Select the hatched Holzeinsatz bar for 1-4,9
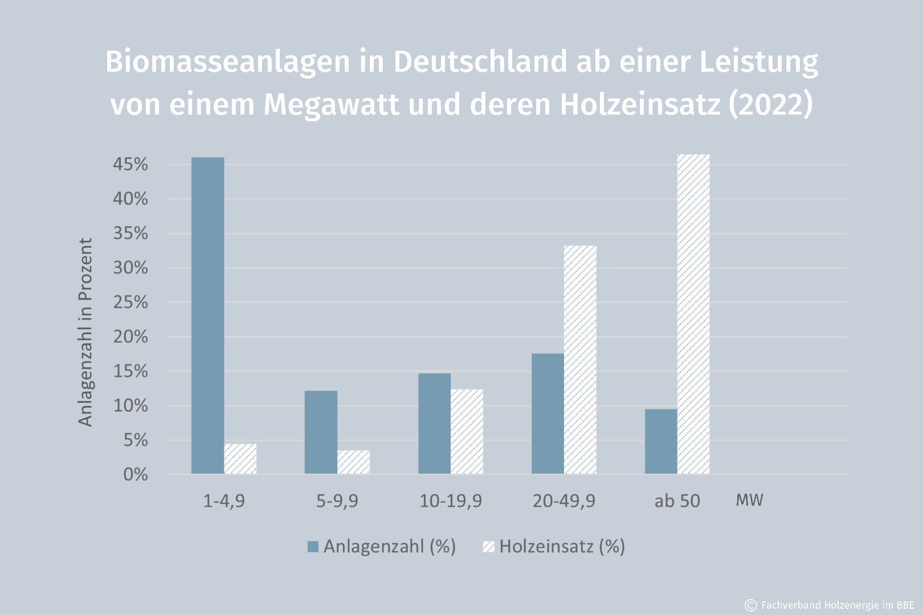point(240,459)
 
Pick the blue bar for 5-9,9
point(321,432)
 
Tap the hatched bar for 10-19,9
point(467,431)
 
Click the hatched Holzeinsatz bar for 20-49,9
point(580,359)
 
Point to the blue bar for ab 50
point(661,441)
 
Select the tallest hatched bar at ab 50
point(693,314)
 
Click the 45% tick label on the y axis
point(130,165)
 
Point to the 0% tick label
point(136,474)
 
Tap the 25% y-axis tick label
point(130,302)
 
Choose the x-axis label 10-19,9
point(450,501)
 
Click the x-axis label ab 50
point(677,501)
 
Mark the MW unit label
point(749,500)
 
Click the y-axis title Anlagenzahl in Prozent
point(85,332)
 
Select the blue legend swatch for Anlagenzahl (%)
point(313,547)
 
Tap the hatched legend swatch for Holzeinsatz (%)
point(488,547)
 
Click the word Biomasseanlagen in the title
point(228,61)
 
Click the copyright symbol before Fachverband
point(751,605)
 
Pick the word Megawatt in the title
point(332,104)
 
